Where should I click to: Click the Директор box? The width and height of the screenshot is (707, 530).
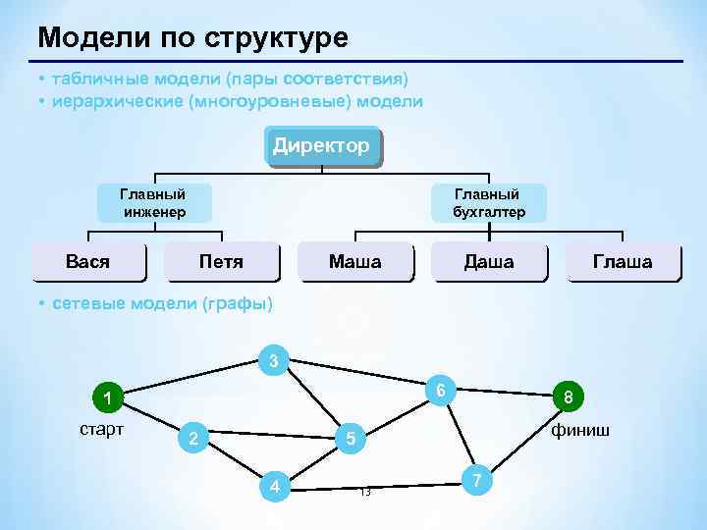click(x=322, y=147)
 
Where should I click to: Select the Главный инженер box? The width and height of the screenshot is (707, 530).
click(x=152, y=203)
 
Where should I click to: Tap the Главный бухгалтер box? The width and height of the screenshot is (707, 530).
click(x=488, y=203)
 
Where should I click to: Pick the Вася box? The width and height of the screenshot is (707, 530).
click(x=87, y=262)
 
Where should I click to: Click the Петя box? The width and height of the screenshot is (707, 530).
click(x=221, y=262)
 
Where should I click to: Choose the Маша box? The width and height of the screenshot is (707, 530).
click(x=354, y=262)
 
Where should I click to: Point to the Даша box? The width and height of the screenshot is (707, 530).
click(x=488, y=262)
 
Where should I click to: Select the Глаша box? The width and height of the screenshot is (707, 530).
click(x=622, y=262)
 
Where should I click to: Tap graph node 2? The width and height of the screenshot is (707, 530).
click(x=193, y=438)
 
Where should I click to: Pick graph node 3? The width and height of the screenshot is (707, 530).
click(x=274, y=361)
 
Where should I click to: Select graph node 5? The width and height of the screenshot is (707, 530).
click(x=351, y=439)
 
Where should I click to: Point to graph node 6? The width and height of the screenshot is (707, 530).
click(x=442, y=390)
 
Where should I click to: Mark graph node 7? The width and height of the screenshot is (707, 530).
click(x=476, y=480)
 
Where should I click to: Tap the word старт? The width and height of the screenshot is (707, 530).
click(x=101, y=430)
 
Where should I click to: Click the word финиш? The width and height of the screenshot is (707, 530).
click(x=579, y=430)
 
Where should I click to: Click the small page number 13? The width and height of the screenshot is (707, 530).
click(x=364, y=492)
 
